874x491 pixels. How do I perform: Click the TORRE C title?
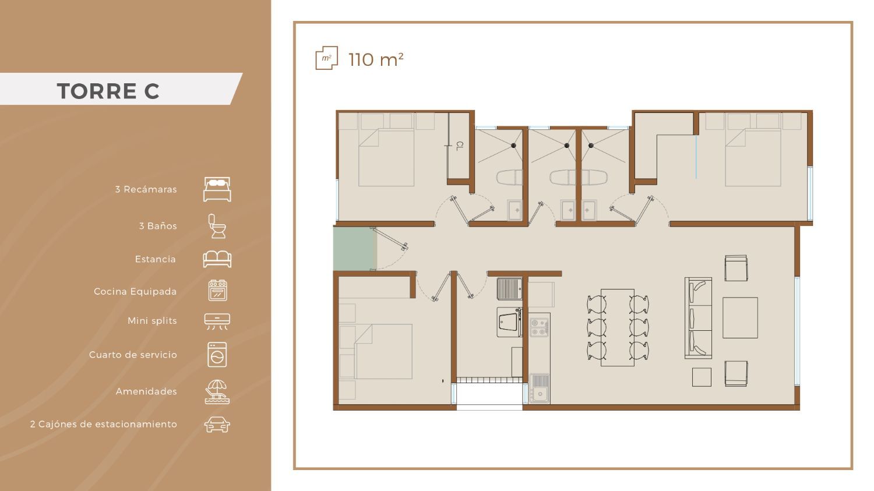click(108, 91)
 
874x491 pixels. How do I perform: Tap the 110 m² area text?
click(376, 59)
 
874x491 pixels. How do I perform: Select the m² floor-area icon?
click(326, 58)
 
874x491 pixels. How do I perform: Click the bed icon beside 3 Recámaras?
click(217, 189)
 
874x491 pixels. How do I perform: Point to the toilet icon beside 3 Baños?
click(217, 226)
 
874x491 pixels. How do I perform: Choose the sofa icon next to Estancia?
click(217, 259)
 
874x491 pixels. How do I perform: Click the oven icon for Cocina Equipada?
click(217, 291)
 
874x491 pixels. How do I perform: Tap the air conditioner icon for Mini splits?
click(217, 322)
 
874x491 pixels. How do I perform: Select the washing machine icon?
click(217, 355)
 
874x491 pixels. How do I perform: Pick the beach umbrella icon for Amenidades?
click(217, 391)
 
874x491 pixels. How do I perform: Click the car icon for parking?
click(217, 425)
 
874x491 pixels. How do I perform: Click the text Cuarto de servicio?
click(133, 355)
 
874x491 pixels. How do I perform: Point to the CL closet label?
click(460, 146)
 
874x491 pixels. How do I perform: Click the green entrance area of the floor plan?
click(355, 249)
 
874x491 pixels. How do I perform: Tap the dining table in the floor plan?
click(617, 327)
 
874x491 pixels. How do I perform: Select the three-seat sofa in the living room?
click(699, 318)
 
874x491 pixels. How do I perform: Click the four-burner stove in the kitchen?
click(540, 327)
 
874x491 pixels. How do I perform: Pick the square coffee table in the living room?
click(740, 318)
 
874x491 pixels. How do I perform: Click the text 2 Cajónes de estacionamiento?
click(103, 425)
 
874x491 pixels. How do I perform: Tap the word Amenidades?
click(146, 391)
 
